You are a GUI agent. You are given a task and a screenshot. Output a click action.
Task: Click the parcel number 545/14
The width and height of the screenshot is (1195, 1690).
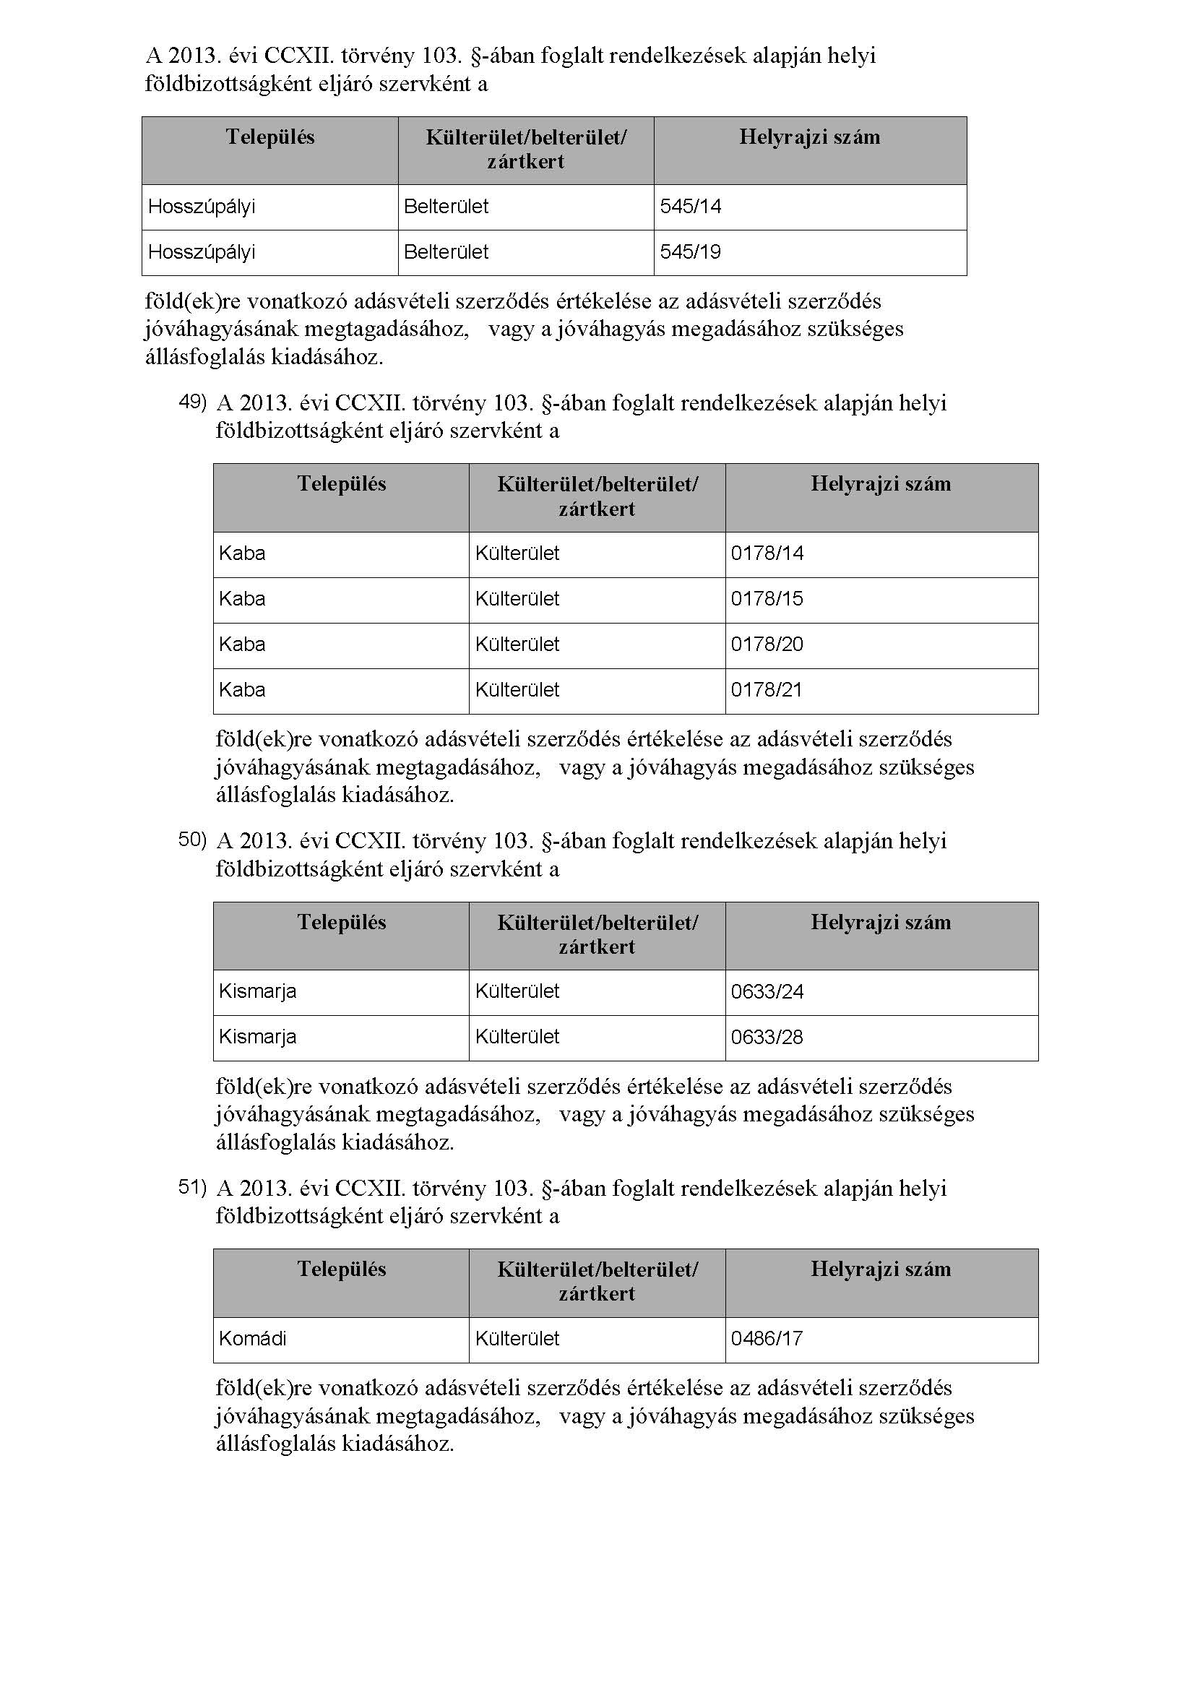(690, 207)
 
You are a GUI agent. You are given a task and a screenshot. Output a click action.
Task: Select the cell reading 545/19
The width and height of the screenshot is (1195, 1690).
(690, 252)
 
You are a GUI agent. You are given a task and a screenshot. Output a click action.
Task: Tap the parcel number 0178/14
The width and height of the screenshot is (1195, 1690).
(767, 553)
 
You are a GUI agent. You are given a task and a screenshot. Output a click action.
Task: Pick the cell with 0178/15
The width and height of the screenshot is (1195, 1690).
(767, 599)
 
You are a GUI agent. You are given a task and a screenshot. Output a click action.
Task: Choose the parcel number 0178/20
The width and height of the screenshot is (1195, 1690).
(767, 644)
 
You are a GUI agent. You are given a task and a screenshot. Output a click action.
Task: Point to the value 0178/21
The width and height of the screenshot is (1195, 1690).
(766, 691)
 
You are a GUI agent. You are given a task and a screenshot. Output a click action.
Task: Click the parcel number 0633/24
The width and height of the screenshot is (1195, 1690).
(767, 992)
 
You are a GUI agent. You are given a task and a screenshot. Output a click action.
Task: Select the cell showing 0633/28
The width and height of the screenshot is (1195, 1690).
(767, 1038)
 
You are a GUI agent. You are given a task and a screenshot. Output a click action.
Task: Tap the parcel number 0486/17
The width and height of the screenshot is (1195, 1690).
(766, 1339)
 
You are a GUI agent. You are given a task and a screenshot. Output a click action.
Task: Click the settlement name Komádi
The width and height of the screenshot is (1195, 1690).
(252, 1339)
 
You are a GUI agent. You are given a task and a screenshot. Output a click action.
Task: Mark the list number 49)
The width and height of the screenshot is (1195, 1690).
(193, 402)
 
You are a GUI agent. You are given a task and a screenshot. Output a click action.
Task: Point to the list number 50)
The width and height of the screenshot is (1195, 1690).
(193, 840)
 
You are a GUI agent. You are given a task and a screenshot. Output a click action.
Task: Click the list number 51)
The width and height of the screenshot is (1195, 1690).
(193, 1186)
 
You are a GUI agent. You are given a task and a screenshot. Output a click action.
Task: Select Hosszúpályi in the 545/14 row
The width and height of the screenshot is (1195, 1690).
(202, 207)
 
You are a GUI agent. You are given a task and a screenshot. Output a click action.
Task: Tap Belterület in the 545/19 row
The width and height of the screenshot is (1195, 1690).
(446, 252)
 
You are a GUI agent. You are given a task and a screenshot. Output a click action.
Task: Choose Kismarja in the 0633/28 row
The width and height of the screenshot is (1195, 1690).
(257, 1037)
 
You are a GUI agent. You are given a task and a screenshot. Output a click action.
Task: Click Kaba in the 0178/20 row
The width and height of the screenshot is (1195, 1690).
(242, 644)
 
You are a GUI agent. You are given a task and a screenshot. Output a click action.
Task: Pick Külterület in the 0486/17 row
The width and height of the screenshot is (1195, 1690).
(517, 1339)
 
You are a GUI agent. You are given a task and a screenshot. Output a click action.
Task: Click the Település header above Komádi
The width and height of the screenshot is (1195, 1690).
(342, 1269)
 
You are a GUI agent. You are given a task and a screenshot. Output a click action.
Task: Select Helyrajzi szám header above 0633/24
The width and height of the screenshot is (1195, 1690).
(881, 922)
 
